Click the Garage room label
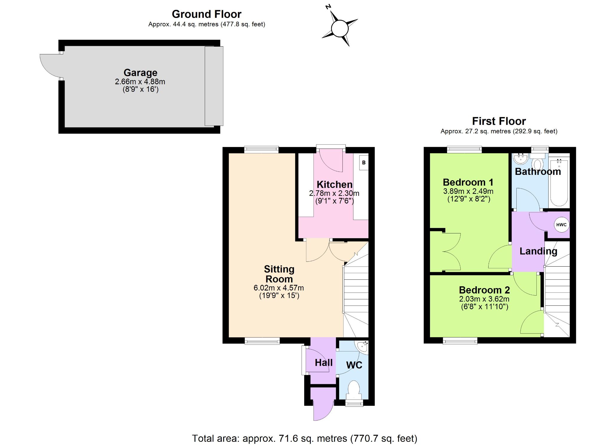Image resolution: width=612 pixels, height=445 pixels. [140, 73]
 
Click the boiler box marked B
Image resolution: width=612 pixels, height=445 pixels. [364, 163]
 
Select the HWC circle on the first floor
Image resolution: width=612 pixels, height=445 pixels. [561, 225]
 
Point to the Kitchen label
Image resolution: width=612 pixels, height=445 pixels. [334, 184]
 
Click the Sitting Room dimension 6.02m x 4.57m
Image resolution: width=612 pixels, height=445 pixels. [279, 288]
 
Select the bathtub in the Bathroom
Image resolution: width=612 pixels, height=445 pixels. [559, 182]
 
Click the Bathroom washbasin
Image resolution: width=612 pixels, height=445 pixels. [521, 159]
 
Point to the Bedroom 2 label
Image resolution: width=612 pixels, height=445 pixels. [484, 290]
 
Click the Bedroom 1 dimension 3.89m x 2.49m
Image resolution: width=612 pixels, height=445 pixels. [468, 191]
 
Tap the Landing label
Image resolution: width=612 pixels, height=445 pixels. [538, 251]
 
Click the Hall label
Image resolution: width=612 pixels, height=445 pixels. [324, 363]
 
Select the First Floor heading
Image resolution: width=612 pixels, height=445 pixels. [499, 121]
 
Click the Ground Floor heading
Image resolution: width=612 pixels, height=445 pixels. [206, 14]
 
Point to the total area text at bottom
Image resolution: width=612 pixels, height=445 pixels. [305, 438]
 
